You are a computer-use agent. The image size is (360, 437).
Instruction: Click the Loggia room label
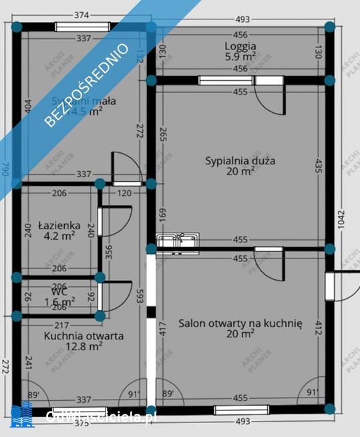(x=240, y=47)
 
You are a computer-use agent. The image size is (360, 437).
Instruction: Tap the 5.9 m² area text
(x=240, y=57)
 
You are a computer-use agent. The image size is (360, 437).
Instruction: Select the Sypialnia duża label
(x=240, y=161)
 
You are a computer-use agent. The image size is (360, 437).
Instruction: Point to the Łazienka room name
(x=59, y=225)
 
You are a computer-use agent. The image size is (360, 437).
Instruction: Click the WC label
(x=59, y=291)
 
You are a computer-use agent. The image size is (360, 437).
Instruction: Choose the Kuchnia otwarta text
(x=83, y=335)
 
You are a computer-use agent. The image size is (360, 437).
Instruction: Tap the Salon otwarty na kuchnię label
(x=240, y=323)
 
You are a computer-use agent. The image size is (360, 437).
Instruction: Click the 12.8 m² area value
(x=83, y=346)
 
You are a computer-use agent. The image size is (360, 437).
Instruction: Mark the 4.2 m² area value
(x=59, y=236)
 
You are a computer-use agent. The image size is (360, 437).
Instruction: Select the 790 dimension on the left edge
(x=6, y=169)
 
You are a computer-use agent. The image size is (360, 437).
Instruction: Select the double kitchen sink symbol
(x=178, y=241)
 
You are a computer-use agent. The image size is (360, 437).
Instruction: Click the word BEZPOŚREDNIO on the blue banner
(x=87, y=84)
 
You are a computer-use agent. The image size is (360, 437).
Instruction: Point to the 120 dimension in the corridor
(x=124, y=193)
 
